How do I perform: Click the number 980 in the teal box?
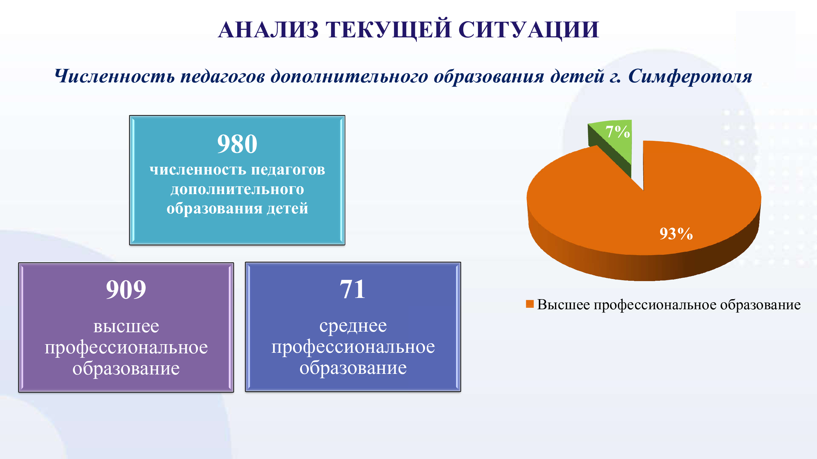[x=237, y=144]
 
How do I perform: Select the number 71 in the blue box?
[x=352, y=289]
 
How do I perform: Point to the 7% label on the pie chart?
[x=617, y=132]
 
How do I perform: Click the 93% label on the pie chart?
[x=676, y=234]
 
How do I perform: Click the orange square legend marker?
[x=530, y=304]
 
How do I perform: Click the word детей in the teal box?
[x=287, y=209]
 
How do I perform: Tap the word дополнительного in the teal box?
[x=237, y=190]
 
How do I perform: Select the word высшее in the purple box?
[x=126, y=327]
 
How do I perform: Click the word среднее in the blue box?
[x=353, y=326]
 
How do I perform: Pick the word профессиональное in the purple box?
[x=126, y=348]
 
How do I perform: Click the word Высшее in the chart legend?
[x=564, y=305]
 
